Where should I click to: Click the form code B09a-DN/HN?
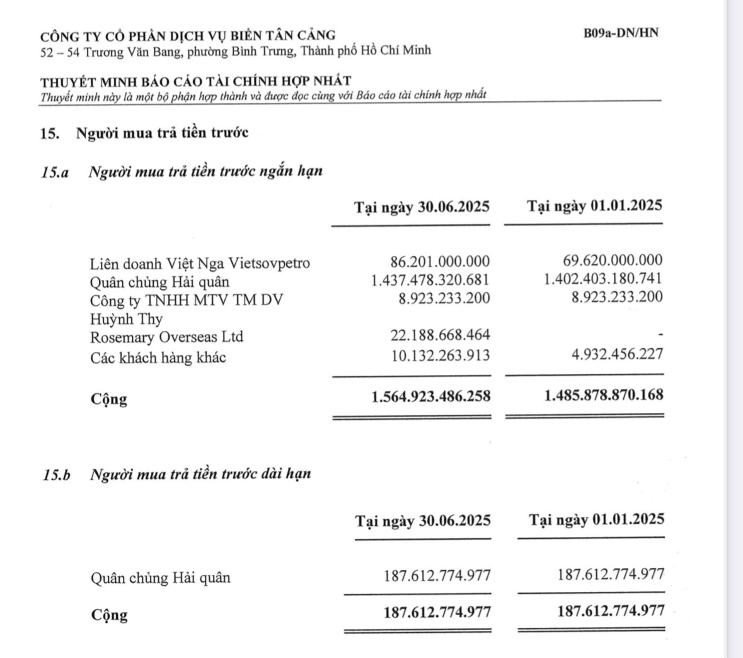click(x=621, y=33)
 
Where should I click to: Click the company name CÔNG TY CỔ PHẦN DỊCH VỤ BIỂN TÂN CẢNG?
click(x=188, y=35)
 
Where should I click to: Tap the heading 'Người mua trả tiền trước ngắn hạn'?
click(x=206, y=171)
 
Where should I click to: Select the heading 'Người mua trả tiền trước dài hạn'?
click(x=200, y=474)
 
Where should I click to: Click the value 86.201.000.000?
click(x=440, y=262)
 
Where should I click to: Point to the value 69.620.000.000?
click(x=612, y=260)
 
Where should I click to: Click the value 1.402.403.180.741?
click(x=603, y=279)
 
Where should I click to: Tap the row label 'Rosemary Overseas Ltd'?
click(x=166, y=337)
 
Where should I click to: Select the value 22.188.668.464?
click(x=440, y=335)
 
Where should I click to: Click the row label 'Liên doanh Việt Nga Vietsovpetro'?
click(x=200, y=263)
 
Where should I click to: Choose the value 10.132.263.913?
click(x=440, y=355)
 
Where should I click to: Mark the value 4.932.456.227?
click(x=617, y=354)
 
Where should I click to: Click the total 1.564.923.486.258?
click(x=431, y=397)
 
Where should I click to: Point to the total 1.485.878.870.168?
click(x=603, y=396)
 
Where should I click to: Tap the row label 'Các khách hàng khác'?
click(x=158, y=358)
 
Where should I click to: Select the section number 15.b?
click(x=57, y=475)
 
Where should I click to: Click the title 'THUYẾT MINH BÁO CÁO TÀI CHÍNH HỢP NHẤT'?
click(x=196, y=81)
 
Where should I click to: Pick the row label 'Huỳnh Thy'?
click(x=126, y=319)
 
